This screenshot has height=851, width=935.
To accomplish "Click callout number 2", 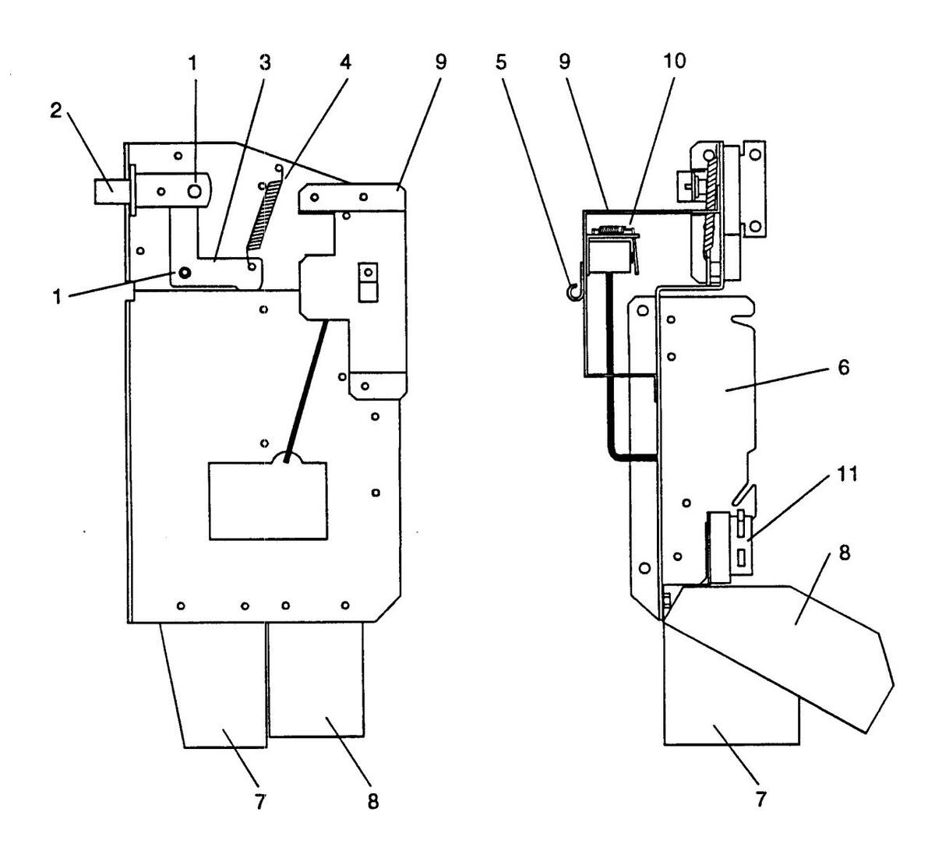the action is [x=56, y=111].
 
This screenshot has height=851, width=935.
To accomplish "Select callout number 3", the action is [x=265, y=62].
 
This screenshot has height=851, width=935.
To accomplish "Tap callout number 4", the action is [x=345, y=62].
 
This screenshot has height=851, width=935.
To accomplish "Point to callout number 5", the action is [x=500, y=62].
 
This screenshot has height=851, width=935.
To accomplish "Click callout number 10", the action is [x=675, y=61].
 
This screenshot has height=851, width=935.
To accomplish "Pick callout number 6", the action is [x=844, y=368].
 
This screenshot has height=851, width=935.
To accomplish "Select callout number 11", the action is [x=848, y=475].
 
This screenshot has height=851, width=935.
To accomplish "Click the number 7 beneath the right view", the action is [x=760, y=800].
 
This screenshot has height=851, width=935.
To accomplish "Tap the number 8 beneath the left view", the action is [x=373, y=802].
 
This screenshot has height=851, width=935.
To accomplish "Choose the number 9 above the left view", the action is [x=440, y=62].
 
